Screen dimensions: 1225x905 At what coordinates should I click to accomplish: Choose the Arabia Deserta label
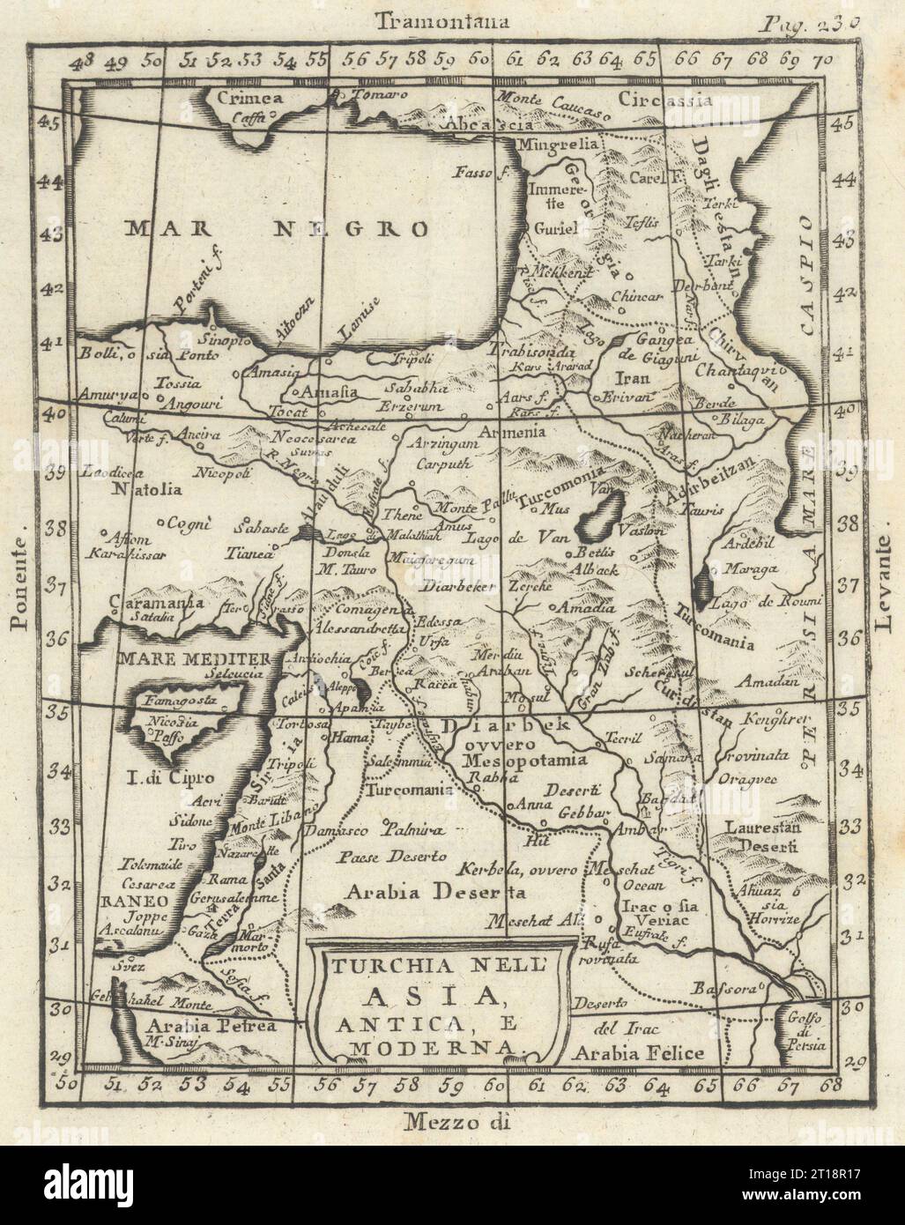(x=436, y=891)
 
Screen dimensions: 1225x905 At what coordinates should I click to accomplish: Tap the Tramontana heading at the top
(x=441, y=22)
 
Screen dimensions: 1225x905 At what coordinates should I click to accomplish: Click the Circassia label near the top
(x=652, y=100)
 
